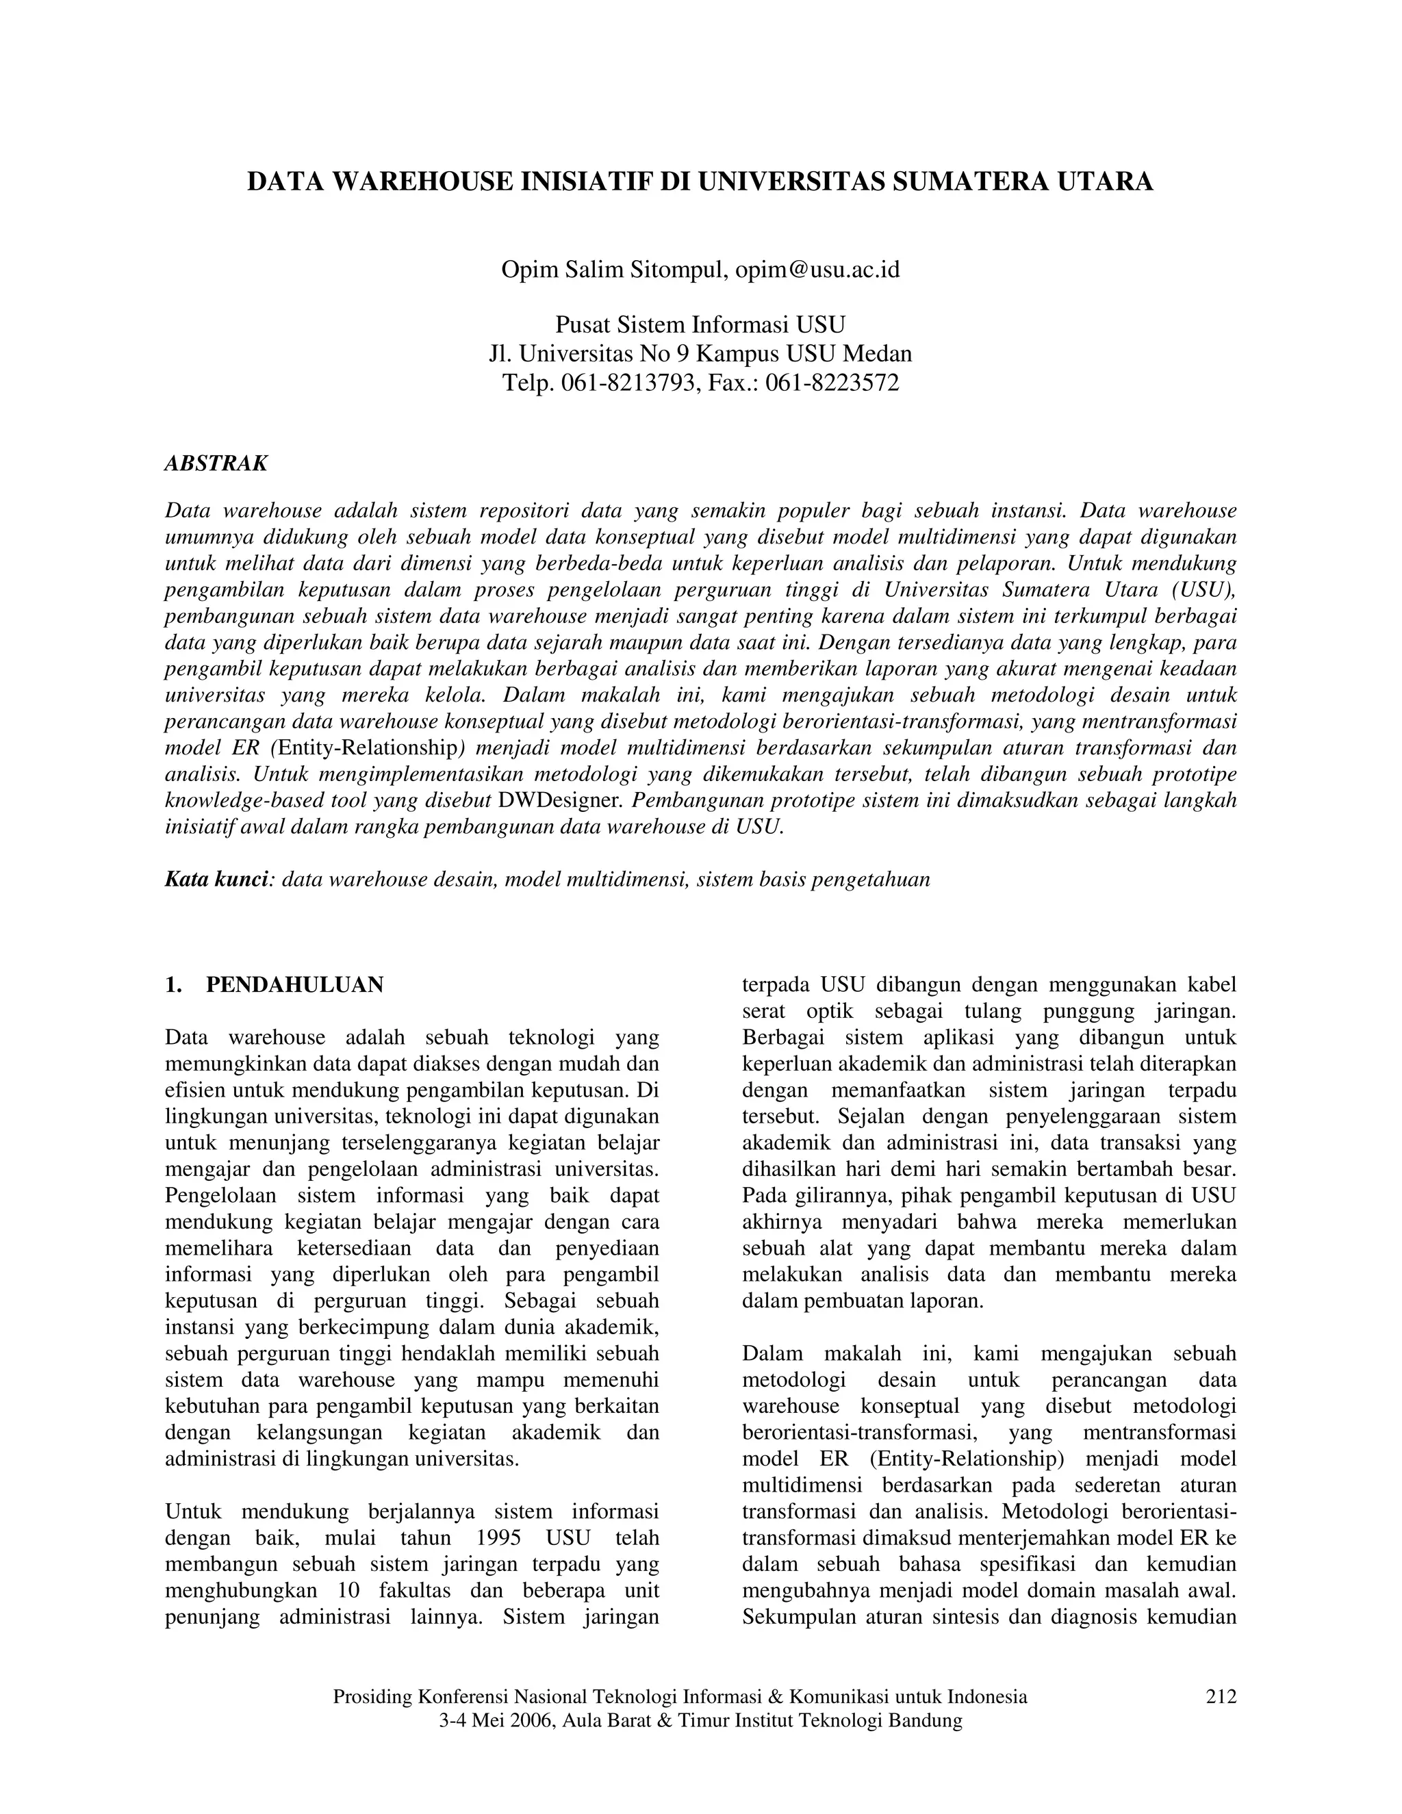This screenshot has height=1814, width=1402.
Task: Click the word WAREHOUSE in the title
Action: (x=422, y=182)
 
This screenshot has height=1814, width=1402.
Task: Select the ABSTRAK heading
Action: (x=216, y=463)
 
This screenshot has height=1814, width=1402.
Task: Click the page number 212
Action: (x=1220, y=1697)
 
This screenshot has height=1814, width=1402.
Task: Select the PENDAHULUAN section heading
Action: (x=295, y=985)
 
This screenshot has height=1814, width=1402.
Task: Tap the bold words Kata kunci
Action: (x=218, y=880)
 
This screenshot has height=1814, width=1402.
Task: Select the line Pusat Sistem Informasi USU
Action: (x=700, y=324)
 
